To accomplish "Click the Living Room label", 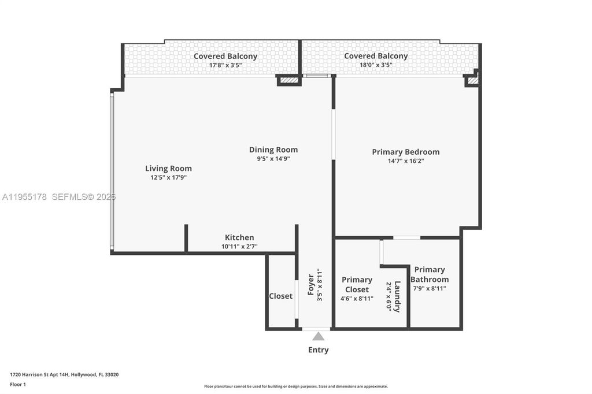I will (168, 169).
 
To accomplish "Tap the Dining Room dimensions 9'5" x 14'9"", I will (273, 158).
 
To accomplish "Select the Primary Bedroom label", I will (405, 152).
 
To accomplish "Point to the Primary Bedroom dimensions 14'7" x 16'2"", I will (405, 161).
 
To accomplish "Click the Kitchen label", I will (239, 237).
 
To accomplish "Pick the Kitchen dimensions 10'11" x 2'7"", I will (239, 247).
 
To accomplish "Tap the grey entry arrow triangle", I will (318, 336).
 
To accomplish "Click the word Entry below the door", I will (318, 350).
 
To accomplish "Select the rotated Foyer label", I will (310, 285).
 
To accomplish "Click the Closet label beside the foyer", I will (280, 296).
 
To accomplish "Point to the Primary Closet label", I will (357, 284).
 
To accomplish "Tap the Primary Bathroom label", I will (430, 274).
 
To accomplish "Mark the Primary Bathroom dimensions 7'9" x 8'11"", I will (429, 288).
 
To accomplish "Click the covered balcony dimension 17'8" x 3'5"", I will (225, 65).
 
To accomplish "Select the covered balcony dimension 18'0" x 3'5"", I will (376, 65).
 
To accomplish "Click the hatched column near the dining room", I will (288, 80).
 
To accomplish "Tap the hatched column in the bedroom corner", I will (472, 81).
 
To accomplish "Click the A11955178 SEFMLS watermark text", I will (58, 197).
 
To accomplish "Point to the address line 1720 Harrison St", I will (64, 374).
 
